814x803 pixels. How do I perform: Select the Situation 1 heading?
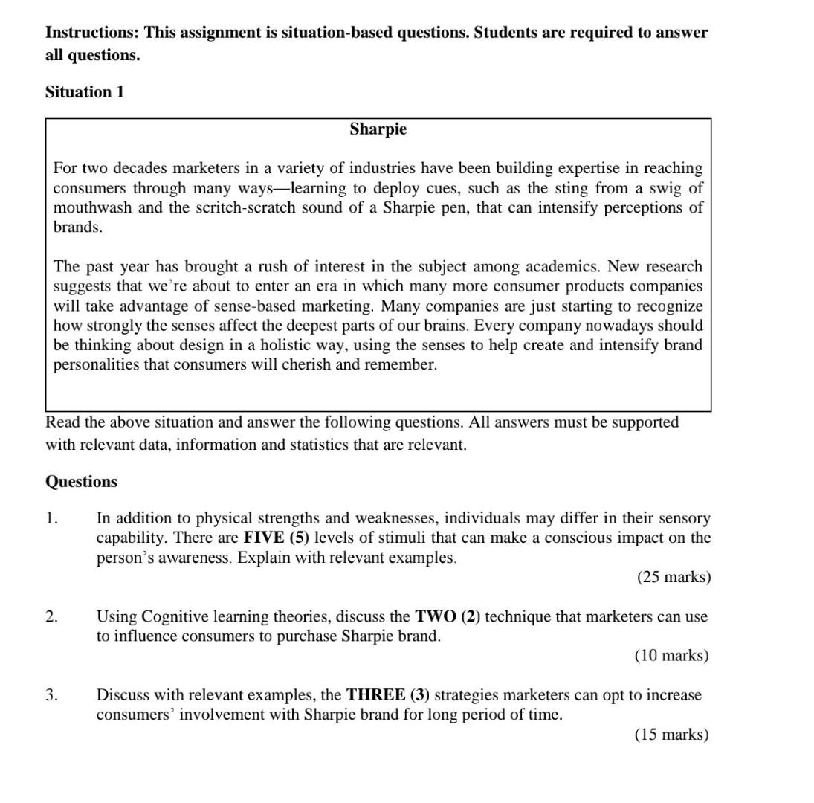(x=85, y=92)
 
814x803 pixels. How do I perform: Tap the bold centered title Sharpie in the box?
(x=378, y=129)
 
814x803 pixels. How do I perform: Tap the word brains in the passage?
(x=442, y=326)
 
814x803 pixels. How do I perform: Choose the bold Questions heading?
(x=82, y=482)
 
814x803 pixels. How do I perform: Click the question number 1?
(x=51, y=518)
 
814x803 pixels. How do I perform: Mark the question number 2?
(x=51, y=617)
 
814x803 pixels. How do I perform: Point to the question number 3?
(x=51, y=696)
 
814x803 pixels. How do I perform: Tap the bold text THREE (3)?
(x=388, y=696)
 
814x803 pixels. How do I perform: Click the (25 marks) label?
(x=674, y=578)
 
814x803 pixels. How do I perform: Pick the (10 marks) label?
(x=671, y=656)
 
